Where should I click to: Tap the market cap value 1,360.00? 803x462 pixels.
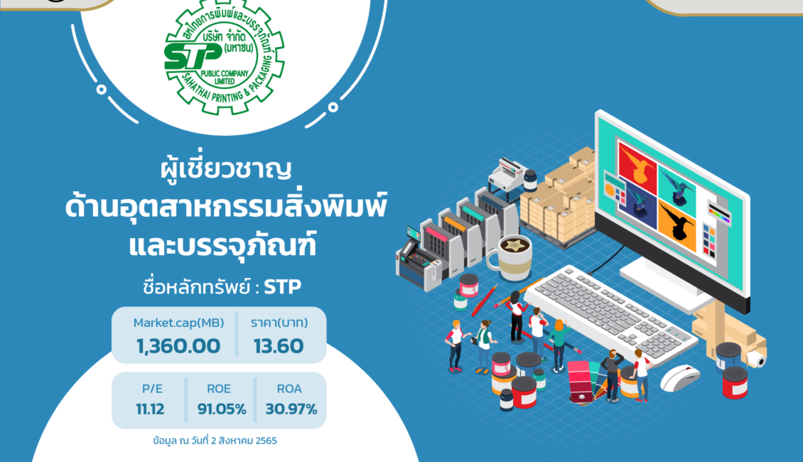pyautogui.click(x=178, y=346)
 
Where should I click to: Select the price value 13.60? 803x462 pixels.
pyautogui.click(x=279, y=346)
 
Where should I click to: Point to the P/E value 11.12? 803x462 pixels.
pyautogui.click(x=150, y=409)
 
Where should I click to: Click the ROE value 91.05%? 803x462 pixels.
pyautogui.click(x=222, y=409)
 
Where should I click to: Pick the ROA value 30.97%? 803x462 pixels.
pyautogui.click(x=291, y=409)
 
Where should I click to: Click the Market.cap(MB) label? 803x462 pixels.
pyautogui.click(x=179, y=323)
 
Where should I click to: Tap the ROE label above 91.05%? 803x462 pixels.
pyautogui.click(x=219, y=389)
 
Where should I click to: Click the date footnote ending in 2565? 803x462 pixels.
pyautogui.click(x=215, y=441)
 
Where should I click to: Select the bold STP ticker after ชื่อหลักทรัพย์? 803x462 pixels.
pyautogui.click(x=282, y=287)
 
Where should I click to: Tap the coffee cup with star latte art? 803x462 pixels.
pyautogui.click(x=510, y=257)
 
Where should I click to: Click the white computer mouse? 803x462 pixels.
pyautogui.click(x=680, y=377)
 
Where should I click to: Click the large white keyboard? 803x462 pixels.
pyautogui.click(x=610, y=312)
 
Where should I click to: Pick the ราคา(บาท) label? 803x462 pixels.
pyautogui.click(x=279, y=323)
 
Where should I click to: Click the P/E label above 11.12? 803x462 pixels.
pyautogui.click(x=152, y=389)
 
